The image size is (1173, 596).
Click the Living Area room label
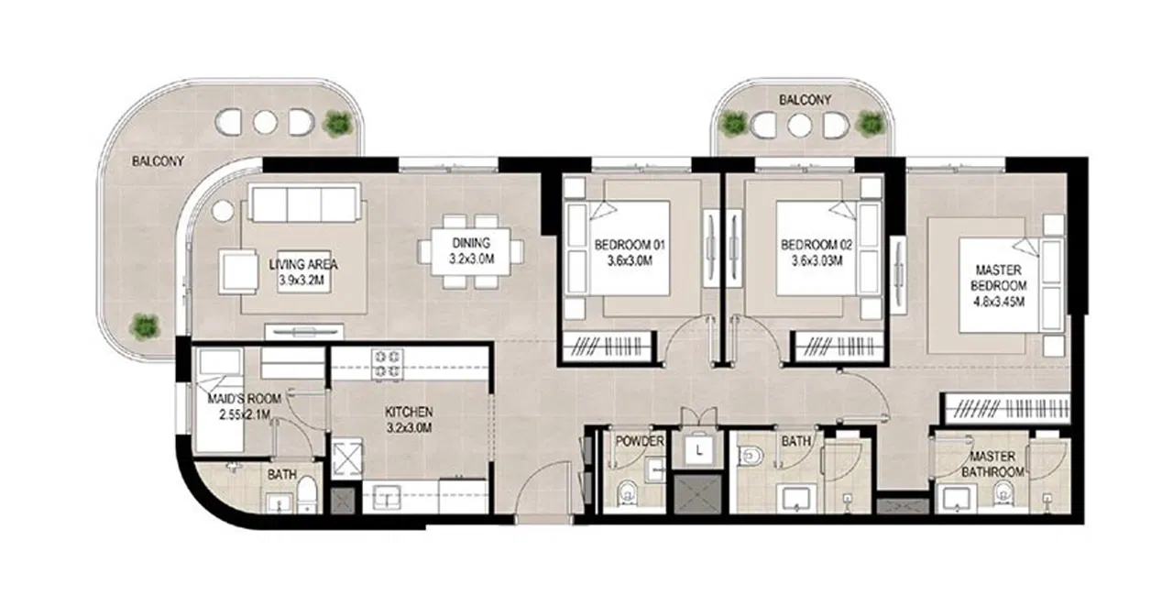(303, 265)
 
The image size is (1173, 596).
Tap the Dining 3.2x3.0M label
(471, 251)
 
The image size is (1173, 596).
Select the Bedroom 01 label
(630, 245)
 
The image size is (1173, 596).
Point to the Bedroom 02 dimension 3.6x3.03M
(817, 260)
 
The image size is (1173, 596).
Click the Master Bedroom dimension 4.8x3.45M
(999, 302)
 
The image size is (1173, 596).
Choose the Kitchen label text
(409, 413)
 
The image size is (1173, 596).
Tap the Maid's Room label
(244, 399)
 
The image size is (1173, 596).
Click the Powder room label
(640, 441)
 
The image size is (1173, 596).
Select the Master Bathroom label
(992, 464)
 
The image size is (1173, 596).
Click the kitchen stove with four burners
(388, 364)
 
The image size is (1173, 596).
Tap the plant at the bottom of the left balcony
(144, 326)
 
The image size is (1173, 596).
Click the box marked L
(698, 450)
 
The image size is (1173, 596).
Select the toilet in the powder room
(626, 493)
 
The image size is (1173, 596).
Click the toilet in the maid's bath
(306, 492)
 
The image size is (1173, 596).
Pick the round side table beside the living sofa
(222, 212)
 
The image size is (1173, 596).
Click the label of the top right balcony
(805, 100)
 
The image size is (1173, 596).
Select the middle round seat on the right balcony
(800, 126)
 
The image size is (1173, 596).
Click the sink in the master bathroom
(956, 499)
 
